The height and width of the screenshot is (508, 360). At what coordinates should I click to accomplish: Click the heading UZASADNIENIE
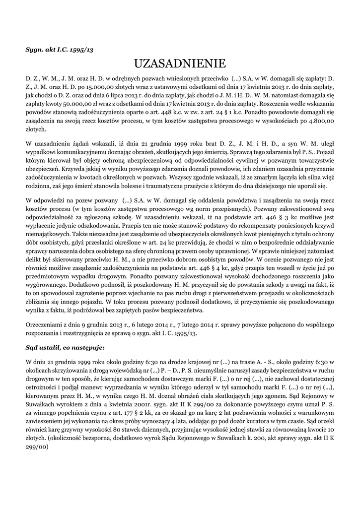coord(180,63)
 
